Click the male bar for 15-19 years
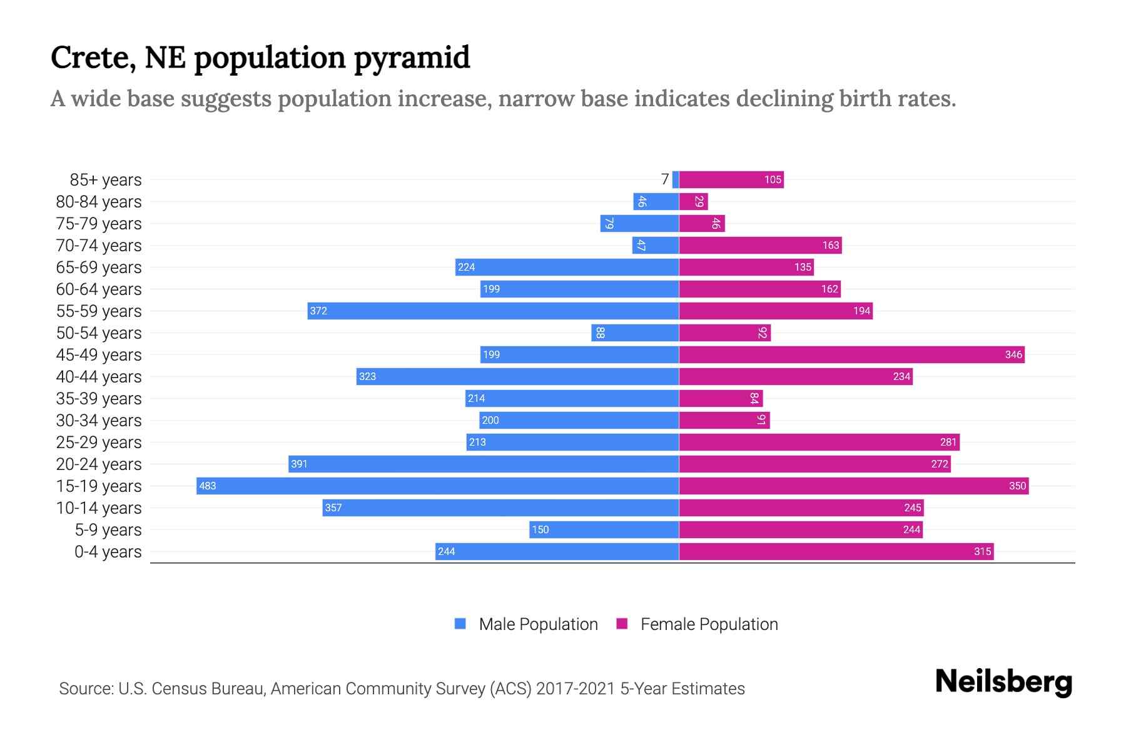point(438,486)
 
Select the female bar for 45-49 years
point(851,354)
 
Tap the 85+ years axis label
point(105,180)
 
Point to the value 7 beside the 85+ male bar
point(665,179)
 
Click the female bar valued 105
point(731,179)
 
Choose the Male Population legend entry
point(526,624)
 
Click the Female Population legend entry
point(697,624)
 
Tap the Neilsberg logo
point(1003,682)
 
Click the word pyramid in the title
point(411,57)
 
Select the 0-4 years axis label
point(108,552)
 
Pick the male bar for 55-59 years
point(493,311)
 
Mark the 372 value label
point(318,311)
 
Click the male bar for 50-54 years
point(635,332)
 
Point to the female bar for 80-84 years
point(693,201)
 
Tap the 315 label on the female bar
point(982,551)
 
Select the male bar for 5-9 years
point(604,529)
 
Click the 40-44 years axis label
point(99,377)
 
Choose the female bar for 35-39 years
point(721,398)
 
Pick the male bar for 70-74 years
point(656,245)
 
